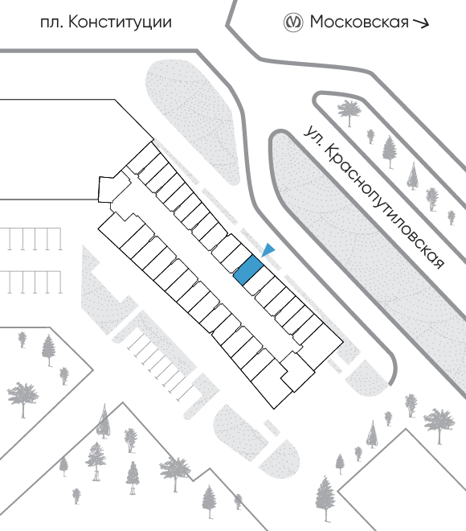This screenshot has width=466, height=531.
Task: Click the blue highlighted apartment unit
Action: tap(248, 270)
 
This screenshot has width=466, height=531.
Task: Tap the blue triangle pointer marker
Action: tap(269, 250)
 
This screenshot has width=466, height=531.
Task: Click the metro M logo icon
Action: tap(292, 23)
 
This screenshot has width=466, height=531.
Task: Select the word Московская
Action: tap(359, 22)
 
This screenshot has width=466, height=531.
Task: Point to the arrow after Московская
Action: tap(421, 23)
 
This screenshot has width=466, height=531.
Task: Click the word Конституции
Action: tap(120, 23)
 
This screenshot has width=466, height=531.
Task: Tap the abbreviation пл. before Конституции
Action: tap(51, 23)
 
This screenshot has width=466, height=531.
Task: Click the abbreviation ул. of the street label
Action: tap(312, 135)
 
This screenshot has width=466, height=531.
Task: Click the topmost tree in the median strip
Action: tap(349, 113)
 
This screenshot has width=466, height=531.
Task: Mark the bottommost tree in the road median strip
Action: tap(452, 217)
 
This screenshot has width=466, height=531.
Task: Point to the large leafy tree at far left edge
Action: tap(22, 399)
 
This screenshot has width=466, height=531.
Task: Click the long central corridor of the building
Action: tap(216, 264)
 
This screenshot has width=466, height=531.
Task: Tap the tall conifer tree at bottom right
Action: tap(325, 499)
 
